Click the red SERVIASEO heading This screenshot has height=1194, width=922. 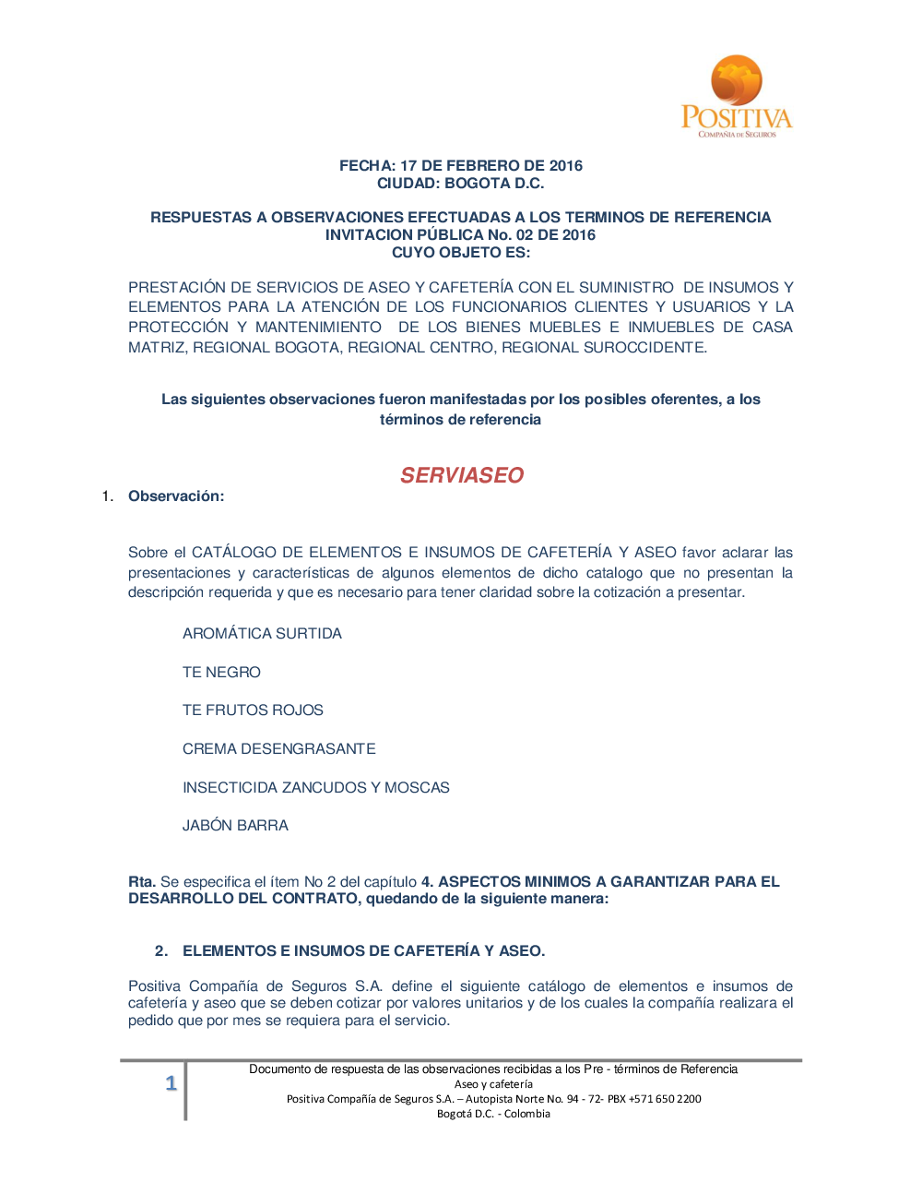pyautogui.click(x=461, y=475)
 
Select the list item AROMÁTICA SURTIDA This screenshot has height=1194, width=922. pyautogui.click(x=262, y=634)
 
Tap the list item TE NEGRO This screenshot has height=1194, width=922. pyautogui.click(x=221, y=673)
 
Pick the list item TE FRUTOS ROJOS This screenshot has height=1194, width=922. pyautogui.click(x=253, y=710)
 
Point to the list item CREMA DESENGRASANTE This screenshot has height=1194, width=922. pyautogui.click(x=278, y=749)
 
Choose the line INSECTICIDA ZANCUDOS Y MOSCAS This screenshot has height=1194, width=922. pyautogui.click(x=315, y=788)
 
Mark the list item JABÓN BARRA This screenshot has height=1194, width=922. pyautogui.click(x=235, y=826)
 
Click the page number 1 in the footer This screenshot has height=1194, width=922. pyautogui.click(x=171, y=1083)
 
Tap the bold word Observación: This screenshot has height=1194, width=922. pyautogui.click(x=176, y=496)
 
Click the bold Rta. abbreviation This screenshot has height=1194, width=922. pyautogui.click(x=142, y=882)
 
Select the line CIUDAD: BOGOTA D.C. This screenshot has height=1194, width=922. pyautogui.click(x=460, y=184)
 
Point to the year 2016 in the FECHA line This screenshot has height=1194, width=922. pyautogui.click(x=565, y=166)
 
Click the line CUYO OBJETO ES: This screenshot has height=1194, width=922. pyautogui.click(x=460, y=253)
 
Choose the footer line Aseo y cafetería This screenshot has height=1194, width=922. pyautogui.click(x=493, y=1084)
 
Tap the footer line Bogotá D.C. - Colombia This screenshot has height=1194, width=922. pyautogui.click(x=493, y=1114)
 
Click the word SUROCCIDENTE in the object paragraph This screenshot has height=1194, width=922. pyautogui.click(x=650, y=348)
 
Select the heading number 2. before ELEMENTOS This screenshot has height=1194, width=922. pyautogui.click(x=161, y=951)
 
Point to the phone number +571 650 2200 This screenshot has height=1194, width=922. pyautogui.click(x=665, y=1099)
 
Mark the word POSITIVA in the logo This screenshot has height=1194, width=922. pyautogui.click(x=736, y=118)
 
